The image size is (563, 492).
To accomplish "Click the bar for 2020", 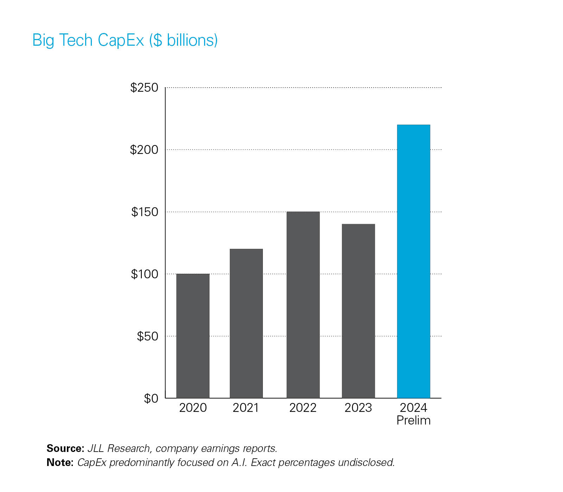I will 193,336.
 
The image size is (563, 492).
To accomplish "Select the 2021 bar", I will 246,323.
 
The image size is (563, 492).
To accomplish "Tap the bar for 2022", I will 303,305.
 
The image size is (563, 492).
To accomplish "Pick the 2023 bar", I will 358,311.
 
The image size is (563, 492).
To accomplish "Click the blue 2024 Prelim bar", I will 413,261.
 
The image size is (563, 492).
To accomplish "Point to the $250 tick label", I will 144,88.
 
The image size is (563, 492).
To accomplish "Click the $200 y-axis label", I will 144,150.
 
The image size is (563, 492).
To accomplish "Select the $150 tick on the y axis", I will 145,212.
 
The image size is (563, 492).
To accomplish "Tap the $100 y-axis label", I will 145,274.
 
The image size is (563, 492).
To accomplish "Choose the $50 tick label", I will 147,336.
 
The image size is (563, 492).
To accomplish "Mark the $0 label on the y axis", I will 151,399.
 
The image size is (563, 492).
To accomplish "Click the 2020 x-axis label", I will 193,408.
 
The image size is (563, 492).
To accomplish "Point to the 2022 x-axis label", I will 303,408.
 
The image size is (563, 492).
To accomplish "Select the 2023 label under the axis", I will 358,408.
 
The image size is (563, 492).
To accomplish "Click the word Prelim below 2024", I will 413,420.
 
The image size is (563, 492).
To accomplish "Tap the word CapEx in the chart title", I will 121,40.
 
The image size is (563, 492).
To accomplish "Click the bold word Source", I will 65,448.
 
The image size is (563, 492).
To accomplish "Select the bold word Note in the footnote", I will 59,462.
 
